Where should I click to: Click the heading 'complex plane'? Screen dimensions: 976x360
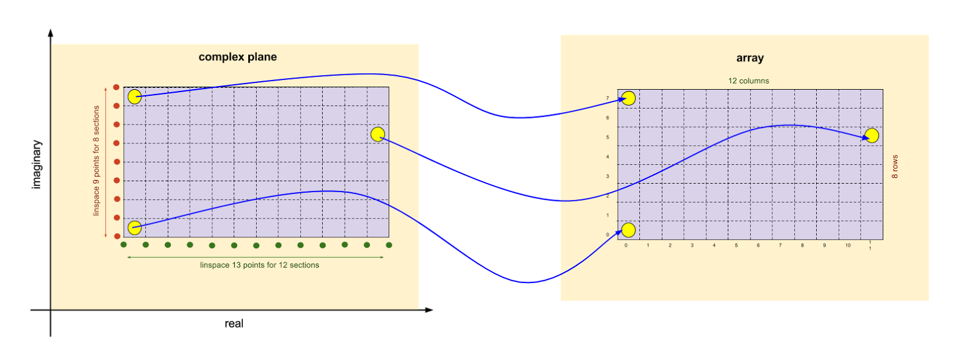pos(237,57)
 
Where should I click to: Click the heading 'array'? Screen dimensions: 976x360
pos(750,58)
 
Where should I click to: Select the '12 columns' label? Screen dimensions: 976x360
pos(748,81)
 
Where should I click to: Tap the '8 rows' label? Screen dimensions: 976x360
pos(895,167)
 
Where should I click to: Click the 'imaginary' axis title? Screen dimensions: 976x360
pos(37,164)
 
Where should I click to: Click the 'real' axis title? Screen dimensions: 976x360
pos(234,324)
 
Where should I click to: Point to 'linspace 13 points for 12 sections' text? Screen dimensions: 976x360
pos(259,265)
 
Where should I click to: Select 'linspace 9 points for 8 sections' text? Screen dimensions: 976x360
pos(96,160)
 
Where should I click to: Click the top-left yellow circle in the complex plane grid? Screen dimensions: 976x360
pos(135,97)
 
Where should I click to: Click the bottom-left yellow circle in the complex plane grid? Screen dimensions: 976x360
pos(135,228)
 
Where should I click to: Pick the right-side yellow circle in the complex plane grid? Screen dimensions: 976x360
pos(378,134)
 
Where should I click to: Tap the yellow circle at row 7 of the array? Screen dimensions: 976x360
pos(628,98)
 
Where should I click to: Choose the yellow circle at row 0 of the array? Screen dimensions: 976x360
pos(628,229)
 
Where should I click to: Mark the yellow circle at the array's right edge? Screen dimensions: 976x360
pos(872,135)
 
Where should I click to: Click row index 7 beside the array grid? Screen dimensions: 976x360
pos(608,98)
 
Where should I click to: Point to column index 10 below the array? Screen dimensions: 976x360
pos(848,245)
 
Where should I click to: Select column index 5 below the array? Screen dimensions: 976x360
pos(736,245)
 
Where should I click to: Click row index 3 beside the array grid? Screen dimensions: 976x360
pos(608,176)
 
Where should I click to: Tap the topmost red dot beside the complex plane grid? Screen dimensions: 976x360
pos(117,87)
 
